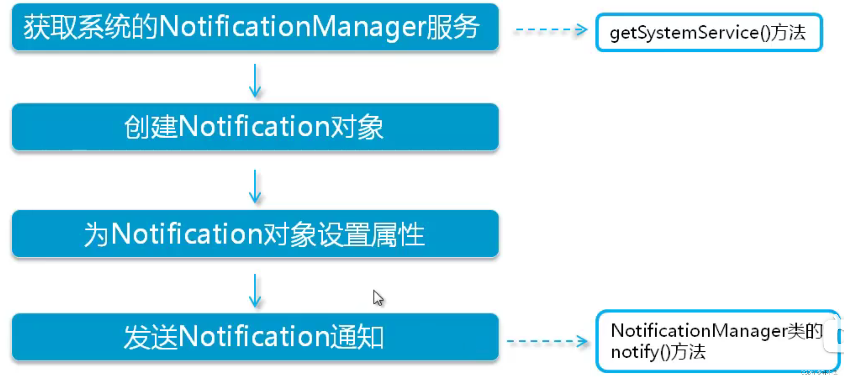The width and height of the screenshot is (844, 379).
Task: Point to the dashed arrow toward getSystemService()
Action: click(x=550, y=29)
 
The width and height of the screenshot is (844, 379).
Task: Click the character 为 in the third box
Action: click(x=96, y=234)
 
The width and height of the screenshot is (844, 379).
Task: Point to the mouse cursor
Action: click(x=378, y=298)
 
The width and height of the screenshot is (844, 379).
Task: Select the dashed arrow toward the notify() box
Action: click(x=547, y=341)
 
